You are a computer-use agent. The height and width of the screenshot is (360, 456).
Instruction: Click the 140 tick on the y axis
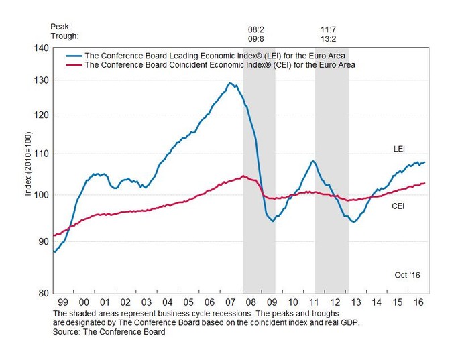41,48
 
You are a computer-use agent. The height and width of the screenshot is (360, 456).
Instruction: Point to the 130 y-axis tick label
41,80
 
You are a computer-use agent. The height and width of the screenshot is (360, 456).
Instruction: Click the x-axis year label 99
62,303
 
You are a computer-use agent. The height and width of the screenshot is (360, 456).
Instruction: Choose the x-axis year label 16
419,303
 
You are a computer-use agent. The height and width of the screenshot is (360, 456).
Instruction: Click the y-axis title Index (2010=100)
28,170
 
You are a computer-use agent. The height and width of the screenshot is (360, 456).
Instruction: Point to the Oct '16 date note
406,275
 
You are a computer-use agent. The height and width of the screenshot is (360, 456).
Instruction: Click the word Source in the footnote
66,331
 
